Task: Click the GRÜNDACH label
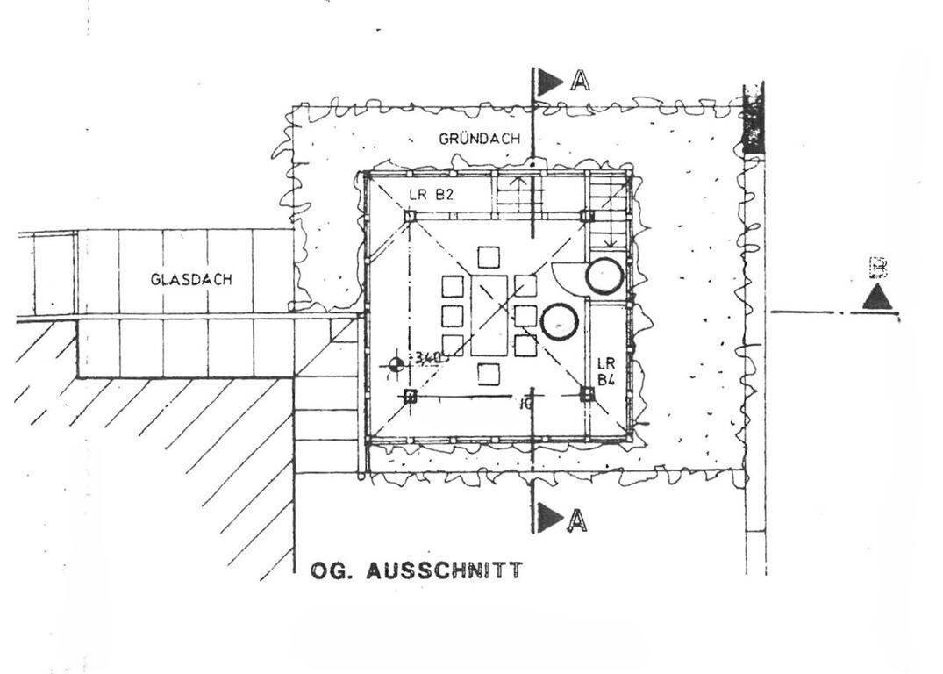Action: click(479, 139)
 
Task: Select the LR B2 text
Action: click(430, 195)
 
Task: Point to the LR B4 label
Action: click(606, 370)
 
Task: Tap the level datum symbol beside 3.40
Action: click(396, 363)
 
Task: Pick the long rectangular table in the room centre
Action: click(489, 313)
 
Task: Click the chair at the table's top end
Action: click(489, 257)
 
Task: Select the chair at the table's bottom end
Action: click(489, 374)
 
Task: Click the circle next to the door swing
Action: click(604, 276)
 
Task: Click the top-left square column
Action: click(410, 215)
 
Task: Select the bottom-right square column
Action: click(587, 395)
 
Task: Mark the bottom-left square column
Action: click(410, 396)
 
